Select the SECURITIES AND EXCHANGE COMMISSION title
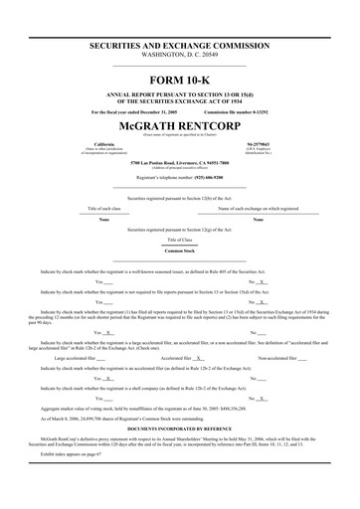(180, 46)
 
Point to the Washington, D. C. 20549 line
(180, 56)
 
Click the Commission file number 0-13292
(244, 111)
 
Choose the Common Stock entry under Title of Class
(180, 250)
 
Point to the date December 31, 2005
(158, 111)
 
